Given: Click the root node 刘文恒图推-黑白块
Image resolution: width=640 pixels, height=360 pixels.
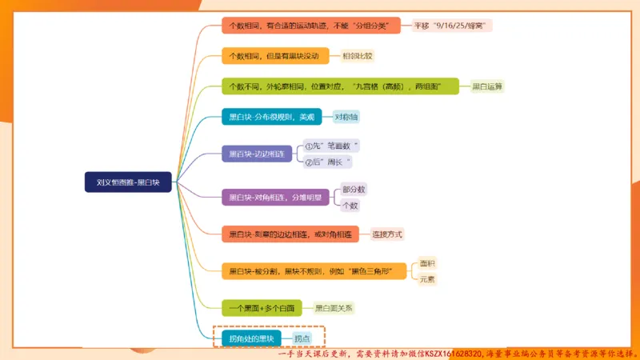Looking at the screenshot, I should (128, 182).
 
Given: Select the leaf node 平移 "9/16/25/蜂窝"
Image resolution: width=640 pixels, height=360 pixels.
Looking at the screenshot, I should (452, 26).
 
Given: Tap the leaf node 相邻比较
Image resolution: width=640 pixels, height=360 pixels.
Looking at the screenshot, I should (358, 56).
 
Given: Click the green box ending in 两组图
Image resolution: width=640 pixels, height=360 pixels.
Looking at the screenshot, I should (340, 86).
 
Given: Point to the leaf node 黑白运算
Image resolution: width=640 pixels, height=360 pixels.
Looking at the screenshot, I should (487, 86).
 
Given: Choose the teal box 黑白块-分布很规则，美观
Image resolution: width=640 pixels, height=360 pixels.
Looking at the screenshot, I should (271, 117).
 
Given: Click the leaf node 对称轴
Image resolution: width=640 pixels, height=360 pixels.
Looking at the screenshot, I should (347, 117).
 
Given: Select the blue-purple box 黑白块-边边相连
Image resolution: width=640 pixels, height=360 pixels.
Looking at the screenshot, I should (256, 154).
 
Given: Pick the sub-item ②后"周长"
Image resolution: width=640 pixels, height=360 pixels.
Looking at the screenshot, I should (328, 162).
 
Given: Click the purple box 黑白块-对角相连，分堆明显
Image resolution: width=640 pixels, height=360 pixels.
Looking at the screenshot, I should (277, 197).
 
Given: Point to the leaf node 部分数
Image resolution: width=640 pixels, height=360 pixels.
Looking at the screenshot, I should (354, 190).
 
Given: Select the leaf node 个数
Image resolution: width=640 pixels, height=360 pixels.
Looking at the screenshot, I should (350, 206).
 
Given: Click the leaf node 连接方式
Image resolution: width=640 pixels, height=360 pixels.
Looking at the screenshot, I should (387, 234).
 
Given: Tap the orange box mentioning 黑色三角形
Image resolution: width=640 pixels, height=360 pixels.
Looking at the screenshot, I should (314, 271).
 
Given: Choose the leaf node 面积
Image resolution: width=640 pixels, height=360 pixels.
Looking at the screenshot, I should (428, 263).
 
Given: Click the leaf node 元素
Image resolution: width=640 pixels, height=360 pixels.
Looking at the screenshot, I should (428, 279).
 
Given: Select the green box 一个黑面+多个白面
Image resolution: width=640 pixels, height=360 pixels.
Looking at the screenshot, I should (262, 307).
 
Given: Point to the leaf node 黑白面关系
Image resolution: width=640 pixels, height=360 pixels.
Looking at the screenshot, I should (334, 307).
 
